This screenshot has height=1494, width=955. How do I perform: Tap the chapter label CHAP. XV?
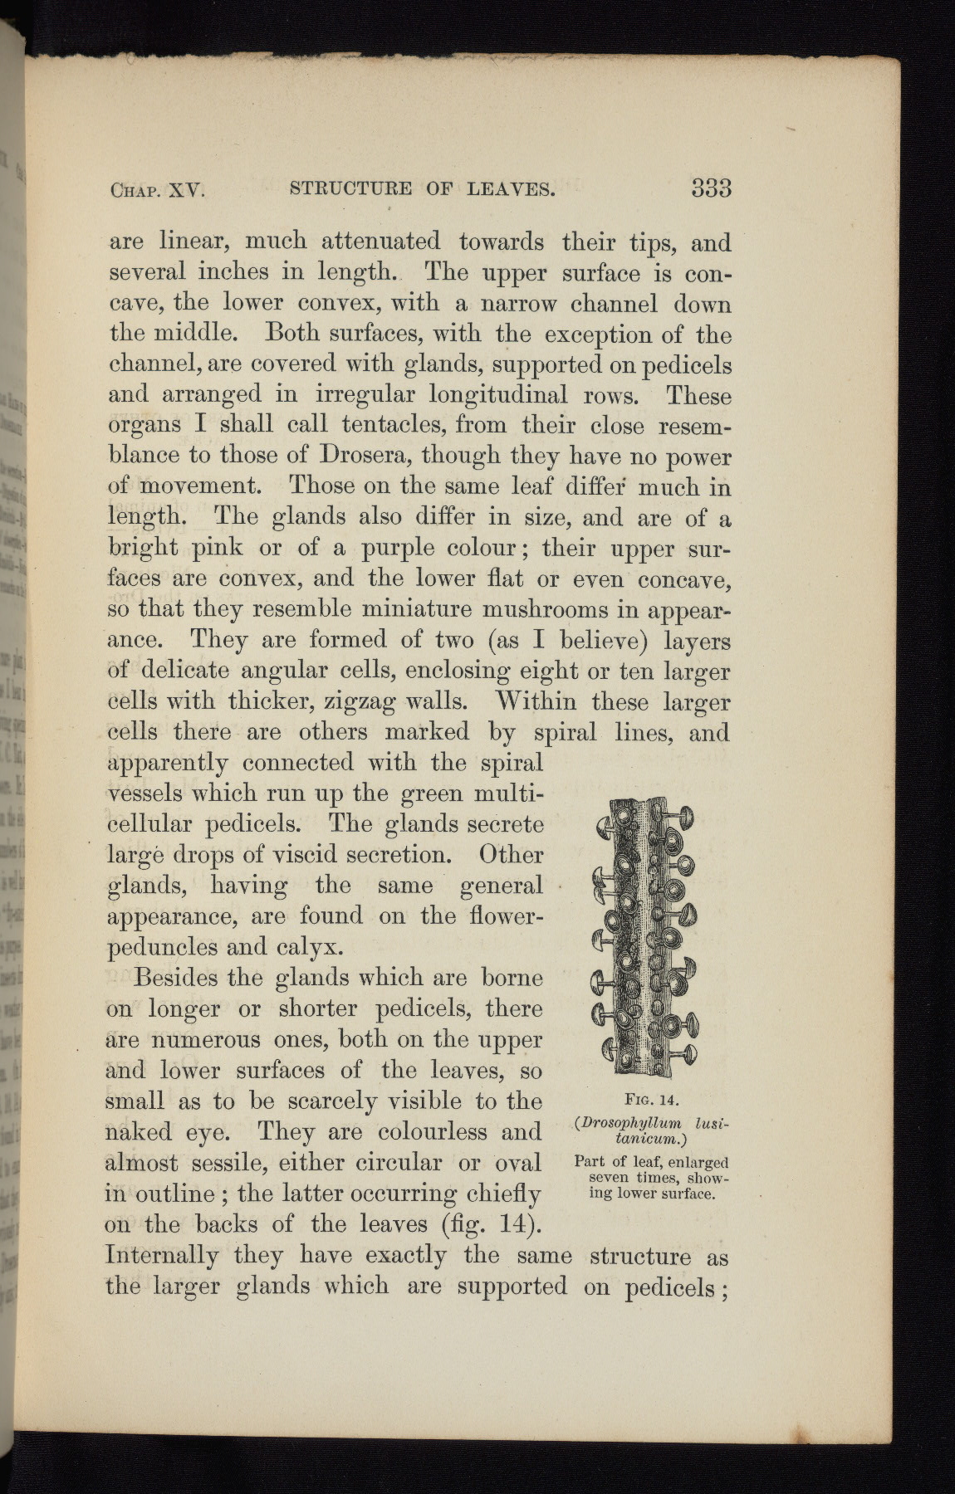157,190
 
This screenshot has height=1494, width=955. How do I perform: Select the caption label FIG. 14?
652,1101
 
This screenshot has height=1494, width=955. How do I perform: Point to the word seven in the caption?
612,1178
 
